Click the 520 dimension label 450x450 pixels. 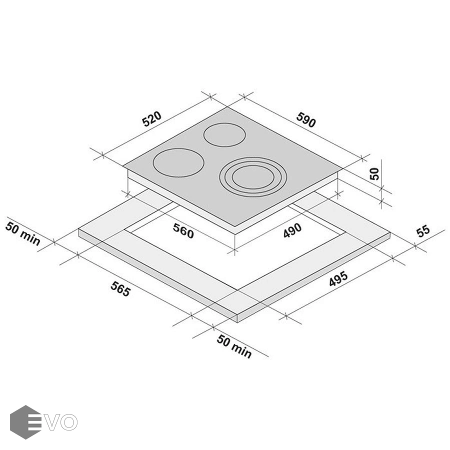152,119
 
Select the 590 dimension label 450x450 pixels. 306,119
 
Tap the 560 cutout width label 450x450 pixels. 183,230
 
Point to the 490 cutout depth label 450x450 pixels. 292,230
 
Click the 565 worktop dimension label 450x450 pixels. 120,288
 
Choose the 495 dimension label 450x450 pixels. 338,278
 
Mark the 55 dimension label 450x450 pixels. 423,231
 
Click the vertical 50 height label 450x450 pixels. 374,173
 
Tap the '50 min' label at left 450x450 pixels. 22,234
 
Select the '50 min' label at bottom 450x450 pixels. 234,346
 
